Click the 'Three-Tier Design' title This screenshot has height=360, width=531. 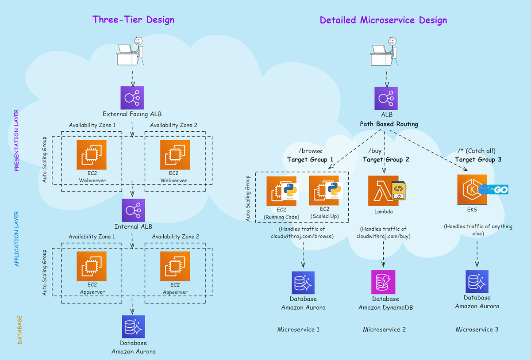click(133, 19)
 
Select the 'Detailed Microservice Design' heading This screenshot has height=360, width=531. click(383, 20)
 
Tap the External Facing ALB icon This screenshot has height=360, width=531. click(132, 98)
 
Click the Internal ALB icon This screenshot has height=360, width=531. click(133, 210)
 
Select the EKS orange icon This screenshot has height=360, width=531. click(472, 189)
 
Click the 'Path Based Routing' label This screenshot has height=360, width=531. click(389, 124)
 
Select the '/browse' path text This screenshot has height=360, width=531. click(310, 151)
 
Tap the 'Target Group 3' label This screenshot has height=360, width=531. click(478, 160)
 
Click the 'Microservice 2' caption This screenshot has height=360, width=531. click(384, 329)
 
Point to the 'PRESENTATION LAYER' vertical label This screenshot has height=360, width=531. click(17, 140)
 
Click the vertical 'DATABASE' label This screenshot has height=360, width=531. click(20, 330)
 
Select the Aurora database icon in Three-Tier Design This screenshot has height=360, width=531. click(133, 327)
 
